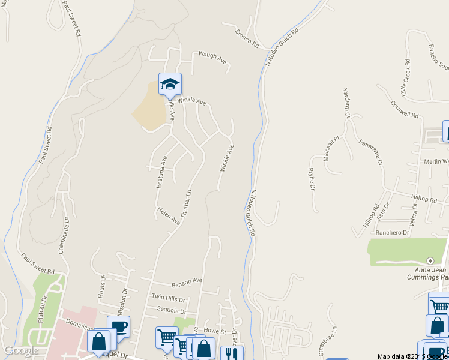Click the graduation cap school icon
170,83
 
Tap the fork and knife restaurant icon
232,353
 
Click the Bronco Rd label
246,39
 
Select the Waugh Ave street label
212,60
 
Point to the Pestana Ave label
161,172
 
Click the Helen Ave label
169,217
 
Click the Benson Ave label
187,281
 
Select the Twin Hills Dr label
169,298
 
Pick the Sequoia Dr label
169,311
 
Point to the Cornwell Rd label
404,109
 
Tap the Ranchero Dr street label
392,232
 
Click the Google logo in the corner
21,350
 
